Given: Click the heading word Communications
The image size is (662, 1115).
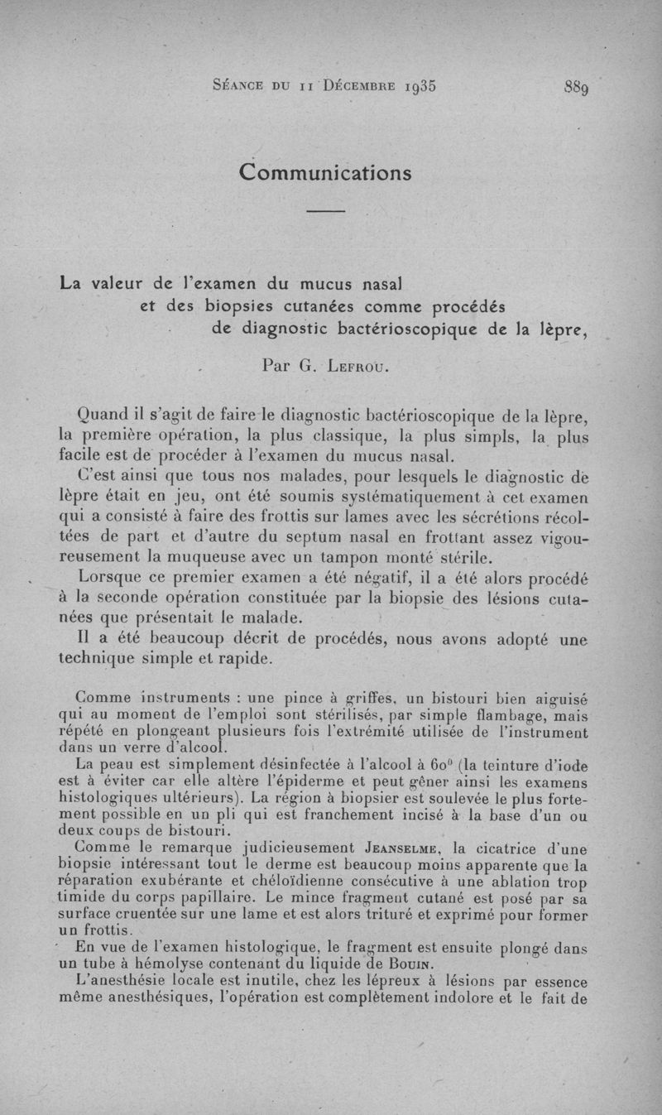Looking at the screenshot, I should click(x=325, y=172).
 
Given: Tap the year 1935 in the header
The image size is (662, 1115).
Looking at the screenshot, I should click(x=414, y=85).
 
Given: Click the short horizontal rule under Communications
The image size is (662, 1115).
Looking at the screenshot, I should click(x=325, y=213).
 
